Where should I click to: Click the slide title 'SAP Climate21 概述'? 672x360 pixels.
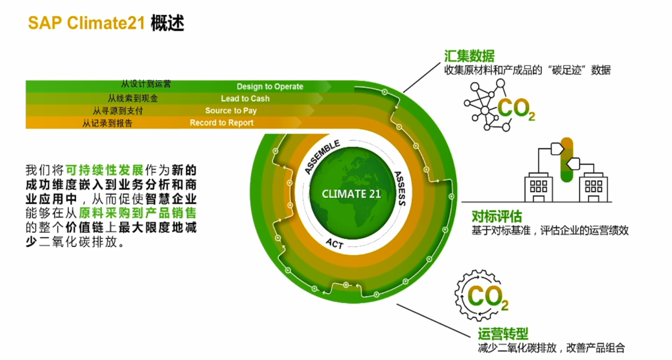(106, 22)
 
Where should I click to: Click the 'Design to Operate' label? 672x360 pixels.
(269, 86)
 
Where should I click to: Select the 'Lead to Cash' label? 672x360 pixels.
(245, 98)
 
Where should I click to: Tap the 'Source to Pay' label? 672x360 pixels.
(231, 111)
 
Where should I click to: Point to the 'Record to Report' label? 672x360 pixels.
(222, 123)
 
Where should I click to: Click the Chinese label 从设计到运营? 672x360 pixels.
(146, 84)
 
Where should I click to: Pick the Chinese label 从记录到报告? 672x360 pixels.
(107, 123)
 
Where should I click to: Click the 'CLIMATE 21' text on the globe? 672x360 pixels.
(352, 195)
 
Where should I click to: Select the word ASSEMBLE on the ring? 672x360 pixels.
(322, 157)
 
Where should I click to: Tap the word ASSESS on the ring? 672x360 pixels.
(400, 188)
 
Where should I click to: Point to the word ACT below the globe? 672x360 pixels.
(335, 244)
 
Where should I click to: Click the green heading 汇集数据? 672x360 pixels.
(469, 56)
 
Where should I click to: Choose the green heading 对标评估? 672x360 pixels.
(497, 216)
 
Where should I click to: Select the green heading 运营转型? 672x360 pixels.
(503, 333)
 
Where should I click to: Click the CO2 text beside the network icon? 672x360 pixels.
(516, 109)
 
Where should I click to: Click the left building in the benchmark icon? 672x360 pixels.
(539, 187)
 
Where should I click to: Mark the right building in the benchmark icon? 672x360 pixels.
(594, 187)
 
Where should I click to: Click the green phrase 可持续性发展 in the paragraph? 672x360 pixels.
(105, 170)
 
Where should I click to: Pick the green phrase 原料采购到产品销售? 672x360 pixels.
(138, 213)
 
